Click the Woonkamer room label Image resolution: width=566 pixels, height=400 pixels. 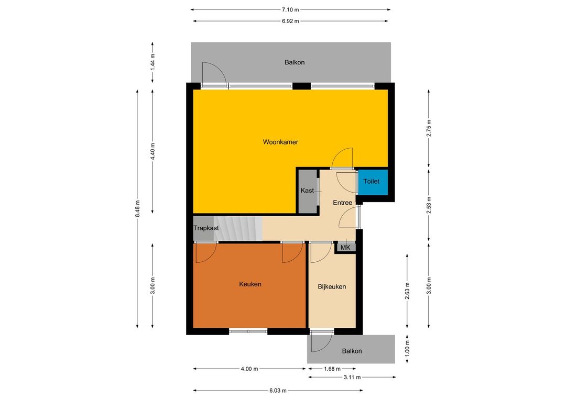pyautogui.click(x=280, y=142)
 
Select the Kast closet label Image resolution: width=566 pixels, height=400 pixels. pyautogui.click(x=307, y=191)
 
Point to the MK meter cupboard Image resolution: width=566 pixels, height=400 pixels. pyautogui.click(x=345, y=248)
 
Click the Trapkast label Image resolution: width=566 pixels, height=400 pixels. pyautogui.click(x=206, y=228)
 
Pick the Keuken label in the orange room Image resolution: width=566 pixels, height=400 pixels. pyautogui.click(x=250, y=284)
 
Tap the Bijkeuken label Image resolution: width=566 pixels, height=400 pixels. pyautogui.click(x=332, y=287)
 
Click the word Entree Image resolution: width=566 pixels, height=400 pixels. pyautogui.click(x=342, y=203)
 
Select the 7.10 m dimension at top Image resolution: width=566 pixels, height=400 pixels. pyautogui.click(x=290, y=10)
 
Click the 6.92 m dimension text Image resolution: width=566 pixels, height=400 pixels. pyautogui.click(x=290, y=21)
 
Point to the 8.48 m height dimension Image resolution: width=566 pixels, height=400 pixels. pyautogui.click(x=137, y=208)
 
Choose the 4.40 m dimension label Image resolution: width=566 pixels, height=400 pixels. pyautogui.click(x=153, y=151)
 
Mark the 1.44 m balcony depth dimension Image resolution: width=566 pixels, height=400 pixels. pyautogui.click(x=153, y=62)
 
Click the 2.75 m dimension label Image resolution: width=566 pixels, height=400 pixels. pyautogui.click(x=429, y=128)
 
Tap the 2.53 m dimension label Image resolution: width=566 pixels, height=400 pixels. pyautogui.click(x=429, y=205)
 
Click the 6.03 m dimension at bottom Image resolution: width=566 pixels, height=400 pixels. pyautogui.click(x=278, y=390)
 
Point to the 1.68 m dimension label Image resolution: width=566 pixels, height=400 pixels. pyautogui.click(x=332, y=369)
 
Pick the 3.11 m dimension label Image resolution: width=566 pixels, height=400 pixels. pyautogui.click(x=352, y=377)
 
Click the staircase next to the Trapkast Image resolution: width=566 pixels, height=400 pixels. pyautogui.click(x=238, y=228)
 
